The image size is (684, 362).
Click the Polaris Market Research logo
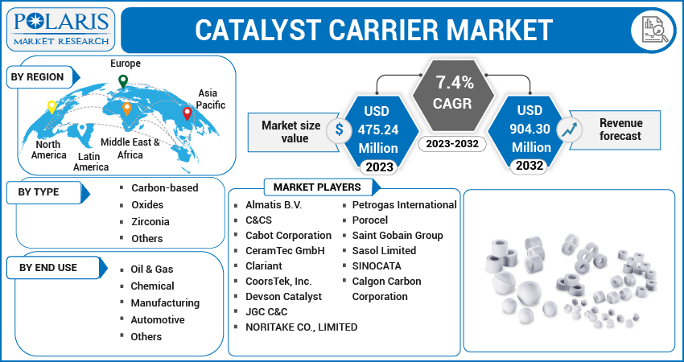pos(60,29)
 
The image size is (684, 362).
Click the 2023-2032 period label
pos(455,144)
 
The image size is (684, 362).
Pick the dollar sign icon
pos(340,129)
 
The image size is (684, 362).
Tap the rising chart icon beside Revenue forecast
pos(571,128)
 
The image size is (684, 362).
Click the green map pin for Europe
pos(122,81)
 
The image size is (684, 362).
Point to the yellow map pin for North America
pos(52,107)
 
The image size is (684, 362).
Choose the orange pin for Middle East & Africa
pos(126,109)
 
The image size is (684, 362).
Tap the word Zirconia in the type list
pos(150,221)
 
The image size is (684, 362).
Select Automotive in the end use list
pos(158,319)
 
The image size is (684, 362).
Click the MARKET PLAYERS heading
pos(318,187)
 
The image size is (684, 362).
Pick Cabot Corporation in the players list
pos(288,236)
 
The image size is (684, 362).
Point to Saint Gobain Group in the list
pos(398,236)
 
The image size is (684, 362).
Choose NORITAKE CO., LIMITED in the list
pos(301,327)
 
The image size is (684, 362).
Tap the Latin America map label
pos(91,162)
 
